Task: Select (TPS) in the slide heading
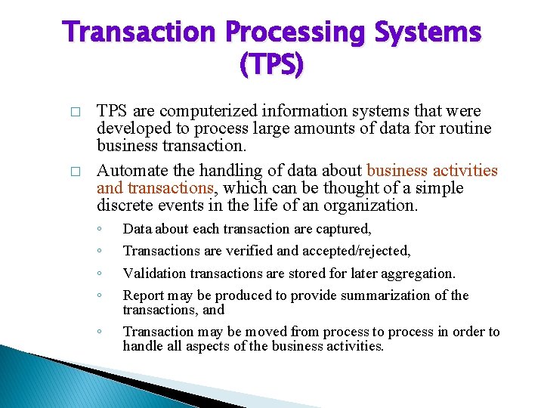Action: pyautogui.click(x=271, y=66)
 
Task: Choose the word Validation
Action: pyautogui.click(x=155, y=274)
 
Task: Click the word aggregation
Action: pyautogui.click(x=418, y=274)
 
